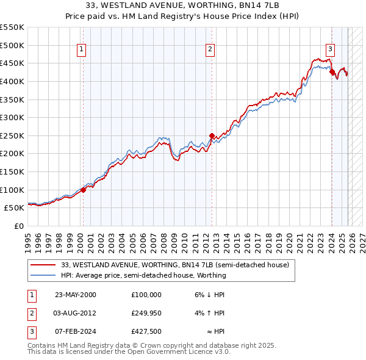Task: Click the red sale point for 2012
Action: coord(212,135)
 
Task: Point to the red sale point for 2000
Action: coord(84,190)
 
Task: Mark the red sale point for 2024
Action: coord(332,71)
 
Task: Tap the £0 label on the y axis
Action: coord(18,226)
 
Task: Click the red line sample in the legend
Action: coord(43,265)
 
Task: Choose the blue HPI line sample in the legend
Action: coord(43,275)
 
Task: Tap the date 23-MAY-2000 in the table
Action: coord(76,295)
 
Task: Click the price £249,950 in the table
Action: coord(146,313)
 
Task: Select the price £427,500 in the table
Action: coord(146,331)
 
